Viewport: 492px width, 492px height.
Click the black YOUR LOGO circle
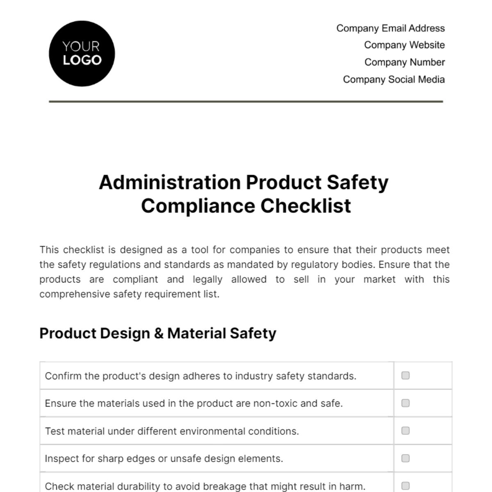(x=82, y=54)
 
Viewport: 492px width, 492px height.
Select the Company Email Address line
(x=390, y=28)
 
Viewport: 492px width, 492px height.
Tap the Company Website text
(x=404, y=45)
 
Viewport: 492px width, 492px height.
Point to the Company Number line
(x=404, y=62)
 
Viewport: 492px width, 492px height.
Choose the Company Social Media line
(x=394, y=80)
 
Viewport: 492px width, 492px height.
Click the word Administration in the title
(x=169, y=182)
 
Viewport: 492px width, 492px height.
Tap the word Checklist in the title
(x=306, y=206)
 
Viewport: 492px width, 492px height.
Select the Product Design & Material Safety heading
(x=158, y=333)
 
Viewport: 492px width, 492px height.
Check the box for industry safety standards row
(x=405, y=375)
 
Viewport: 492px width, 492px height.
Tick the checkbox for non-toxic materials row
(x=405, y=403)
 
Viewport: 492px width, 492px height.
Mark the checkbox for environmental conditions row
(x=405, y=430)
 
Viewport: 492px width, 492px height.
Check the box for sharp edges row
(x=405, y=458)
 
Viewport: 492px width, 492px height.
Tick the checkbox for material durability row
(x=405, y=485)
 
